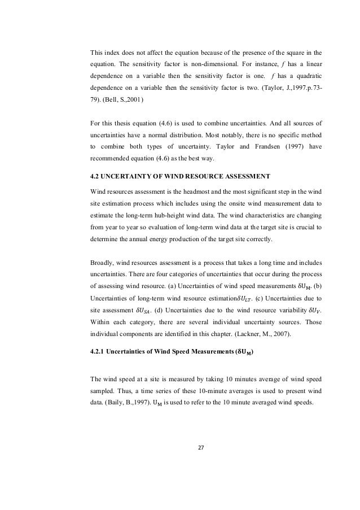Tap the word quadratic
309,75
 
